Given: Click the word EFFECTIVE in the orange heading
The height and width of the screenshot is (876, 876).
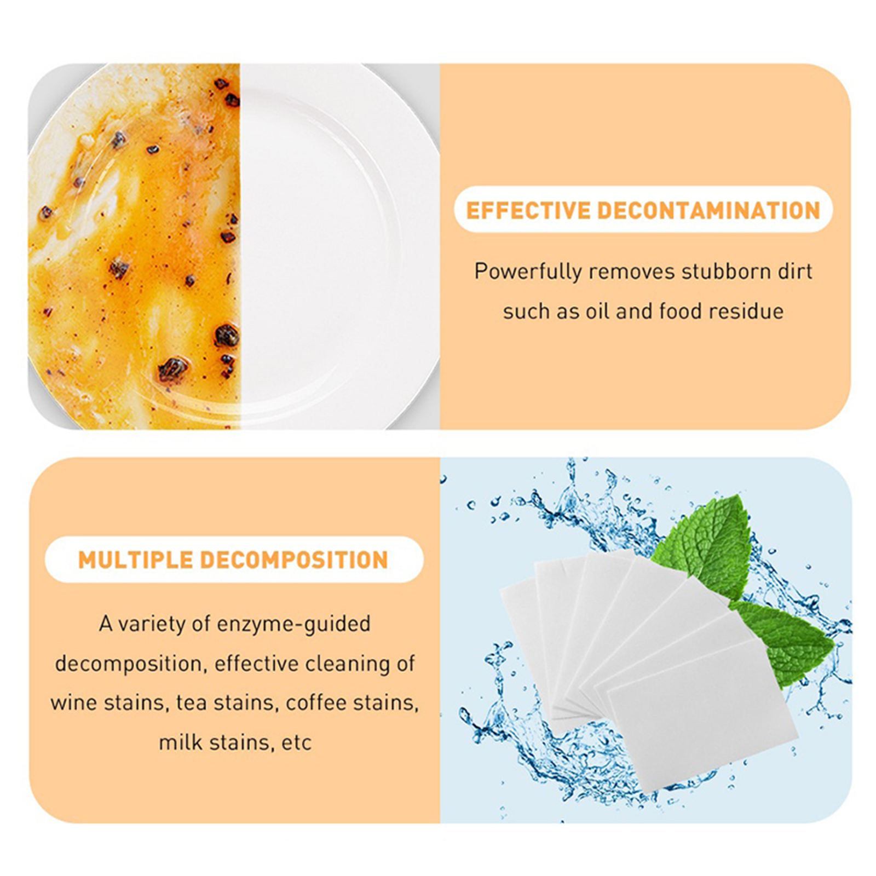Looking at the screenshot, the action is click(528, 210).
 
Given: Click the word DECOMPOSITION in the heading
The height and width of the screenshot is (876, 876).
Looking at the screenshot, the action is click(293, 560).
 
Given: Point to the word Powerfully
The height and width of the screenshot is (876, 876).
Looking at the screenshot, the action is click(528, 272).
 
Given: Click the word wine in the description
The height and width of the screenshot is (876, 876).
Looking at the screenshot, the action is click(74, 703).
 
